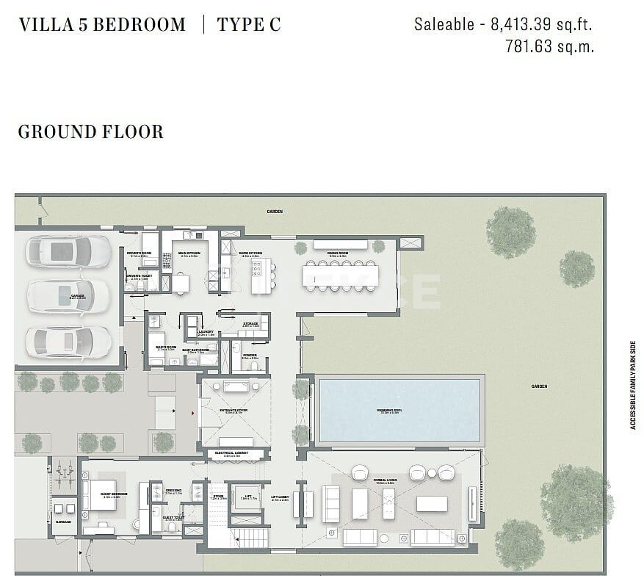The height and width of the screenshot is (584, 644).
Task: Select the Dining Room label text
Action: click(x=338, y=253)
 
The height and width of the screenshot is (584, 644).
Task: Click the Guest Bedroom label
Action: click(x=114, y=494)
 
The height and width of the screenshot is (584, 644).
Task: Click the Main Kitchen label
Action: click(x=190, y=253)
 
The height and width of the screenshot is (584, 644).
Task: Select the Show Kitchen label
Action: click(x=250, y=253)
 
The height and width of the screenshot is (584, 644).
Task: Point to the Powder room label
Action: click(x=250, y=356)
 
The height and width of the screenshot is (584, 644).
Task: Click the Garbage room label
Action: click(x=63, y=522)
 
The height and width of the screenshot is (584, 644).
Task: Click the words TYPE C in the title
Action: click(x=248, y=24)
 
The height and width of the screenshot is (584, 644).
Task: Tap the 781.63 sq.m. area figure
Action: click(x=549, y=46)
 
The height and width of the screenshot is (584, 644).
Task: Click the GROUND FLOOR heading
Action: click(x=90, y=132)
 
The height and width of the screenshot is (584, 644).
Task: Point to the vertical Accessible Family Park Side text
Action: click(x=632, y=384)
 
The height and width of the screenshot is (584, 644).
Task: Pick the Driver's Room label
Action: click(x=138, y=253)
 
